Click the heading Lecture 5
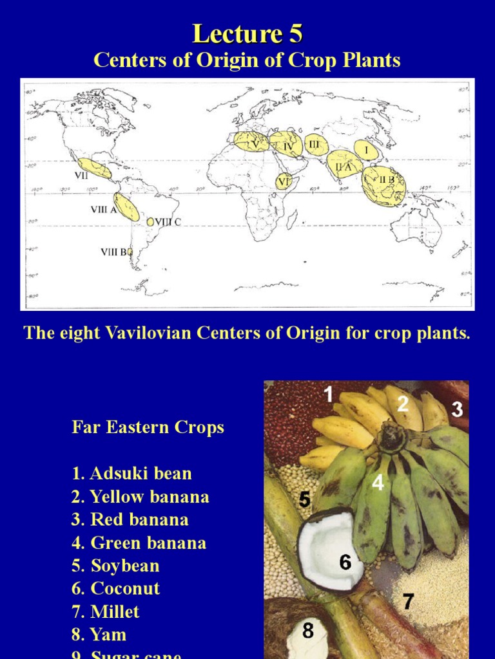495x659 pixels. [x=247, y=33]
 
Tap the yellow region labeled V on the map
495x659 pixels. [x=249, y=142]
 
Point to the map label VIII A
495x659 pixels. [x=103, y=209]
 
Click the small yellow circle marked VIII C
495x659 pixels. [x=150, y=222]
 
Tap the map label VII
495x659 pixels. [x=81, y=174]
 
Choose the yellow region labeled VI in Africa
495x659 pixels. [x=284, y=181]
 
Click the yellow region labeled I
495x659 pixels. [x=366, y=150]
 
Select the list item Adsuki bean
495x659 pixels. [x=131, y=474]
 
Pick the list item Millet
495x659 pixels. [x=106, y=611]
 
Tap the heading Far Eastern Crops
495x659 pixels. [x=148, y=427]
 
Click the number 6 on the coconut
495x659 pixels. [x=345, y=562]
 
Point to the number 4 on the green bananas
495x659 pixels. [x=378, y=482]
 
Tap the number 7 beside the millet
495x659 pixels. [x=408, y=601]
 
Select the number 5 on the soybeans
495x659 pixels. [x=306, y=498]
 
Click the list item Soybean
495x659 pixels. [x=115, y=566]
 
